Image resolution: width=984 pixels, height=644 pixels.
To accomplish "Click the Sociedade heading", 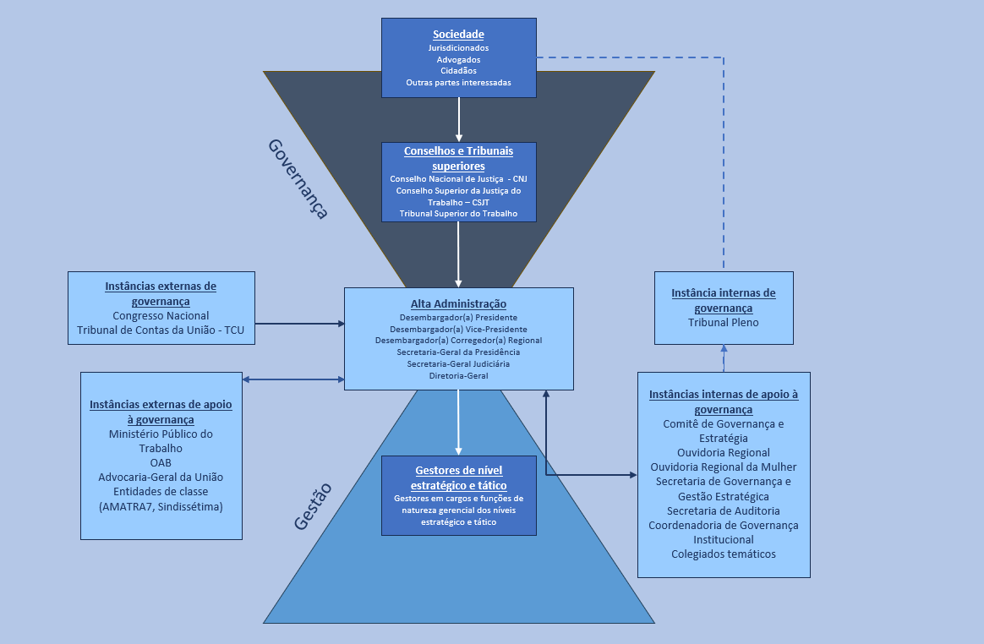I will tap(458, 35).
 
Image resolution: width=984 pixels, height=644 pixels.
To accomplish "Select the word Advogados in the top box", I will tap(458, 60).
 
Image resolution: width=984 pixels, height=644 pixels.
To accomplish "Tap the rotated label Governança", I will tap(298, 178).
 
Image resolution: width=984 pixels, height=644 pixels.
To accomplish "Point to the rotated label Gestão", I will tap(312, 505).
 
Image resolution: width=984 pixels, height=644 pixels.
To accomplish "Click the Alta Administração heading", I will tap(458, 304).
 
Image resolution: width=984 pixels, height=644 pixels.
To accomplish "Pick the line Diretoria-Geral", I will tap(458, 375).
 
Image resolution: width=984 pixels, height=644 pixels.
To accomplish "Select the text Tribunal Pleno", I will tap(724, 322).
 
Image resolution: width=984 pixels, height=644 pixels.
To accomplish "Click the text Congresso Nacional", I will tap(161, 315).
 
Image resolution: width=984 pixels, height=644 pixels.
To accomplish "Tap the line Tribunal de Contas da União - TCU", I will tap(161, 330).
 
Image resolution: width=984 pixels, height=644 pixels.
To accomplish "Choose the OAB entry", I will tap(161, 463).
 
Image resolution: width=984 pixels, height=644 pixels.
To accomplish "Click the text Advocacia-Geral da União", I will tap(161, 478).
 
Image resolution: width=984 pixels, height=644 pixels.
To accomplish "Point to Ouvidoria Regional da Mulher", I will tap(724, 467).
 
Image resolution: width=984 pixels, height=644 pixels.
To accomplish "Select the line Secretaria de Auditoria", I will tap(724, 510).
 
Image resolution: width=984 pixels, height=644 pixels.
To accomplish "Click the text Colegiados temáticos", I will tap(724, 554).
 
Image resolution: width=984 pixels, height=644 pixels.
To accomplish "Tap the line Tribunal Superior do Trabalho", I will tap(458, 214).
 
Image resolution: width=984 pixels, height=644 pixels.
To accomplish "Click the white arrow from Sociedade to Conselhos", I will tap(459, 118).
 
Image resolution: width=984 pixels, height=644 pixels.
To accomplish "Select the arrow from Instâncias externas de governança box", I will tap(299, 323).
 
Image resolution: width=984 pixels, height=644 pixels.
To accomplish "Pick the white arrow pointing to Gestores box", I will tap(458, 423).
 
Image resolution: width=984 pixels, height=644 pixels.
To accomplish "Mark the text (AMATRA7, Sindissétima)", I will tap(161, 506).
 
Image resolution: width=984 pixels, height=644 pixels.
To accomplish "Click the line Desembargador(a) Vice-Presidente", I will tap(458, 328).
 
